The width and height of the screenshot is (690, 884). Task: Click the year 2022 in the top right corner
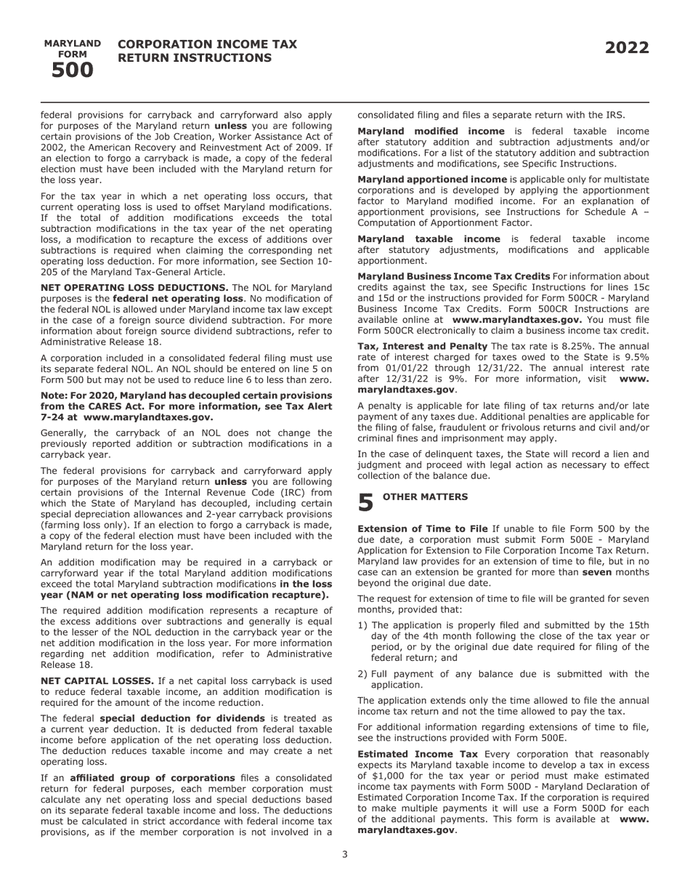[627, 48]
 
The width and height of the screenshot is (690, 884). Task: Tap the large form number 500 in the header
[73, 71]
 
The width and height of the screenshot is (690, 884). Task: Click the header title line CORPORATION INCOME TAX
[207, 44]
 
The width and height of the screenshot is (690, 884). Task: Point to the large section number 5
[366, 502]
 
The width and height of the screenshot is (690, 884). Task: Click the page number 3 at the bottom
[345, 854]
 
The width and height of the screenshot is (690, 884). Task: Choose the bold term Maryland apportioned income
[432, 179]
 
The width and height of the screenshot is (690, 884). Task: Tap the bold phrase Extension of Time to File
[422, 529]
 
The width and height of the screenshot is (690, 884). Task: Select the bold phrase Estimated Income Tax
[418, 755]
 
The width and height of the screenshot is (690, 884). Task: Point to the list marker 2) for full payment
[362, 674]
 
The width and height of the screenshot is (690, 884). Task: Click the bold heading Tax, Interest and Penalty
[422, 346]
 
